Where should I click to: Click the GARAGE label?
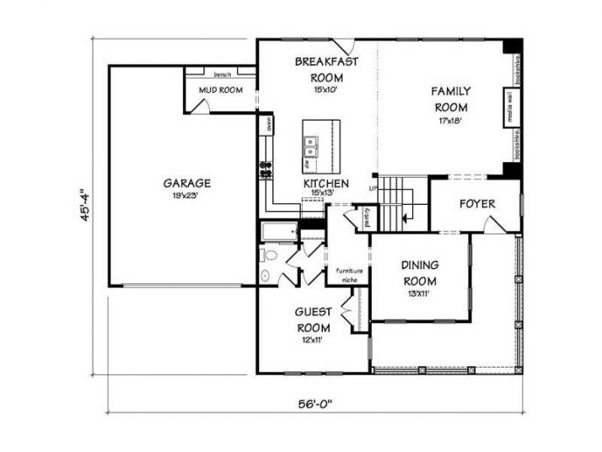187,182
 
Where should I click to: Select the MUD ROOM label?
221,89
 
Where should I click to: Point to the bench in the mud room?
223,74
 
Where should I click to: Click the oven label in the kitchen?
269,125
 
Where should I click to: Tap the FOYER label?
476,204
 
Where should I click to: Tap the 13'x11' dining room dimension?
419,293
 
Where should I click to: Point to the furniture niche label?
349,273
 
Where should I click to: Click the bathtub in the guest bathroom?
277,231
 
